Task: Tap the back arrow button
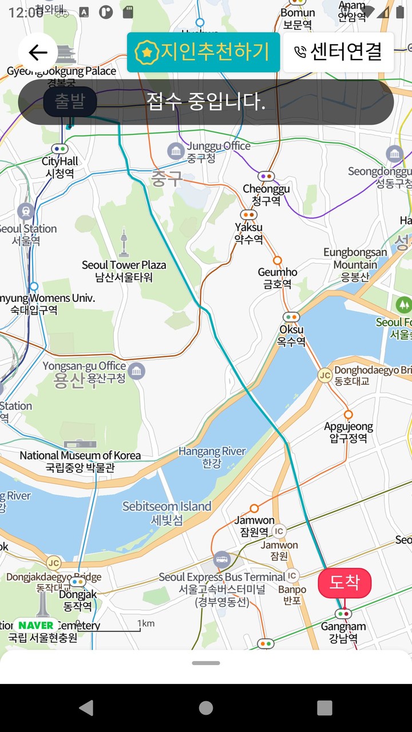click(x=38, y=53)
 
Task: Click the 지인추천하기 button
click(x=203, y=53)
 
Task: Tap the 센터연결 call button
click(x=338, y=53)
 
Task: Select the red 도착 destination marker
click(x=344, y=583)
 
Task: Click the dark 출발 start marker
click(x=70, y=102)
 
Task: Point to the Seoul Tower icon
click(x=124, y=243)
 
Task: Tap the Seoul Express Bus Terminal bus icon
click(x=222, y=559)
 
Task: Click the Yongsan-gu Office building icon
click(x=136, y=371)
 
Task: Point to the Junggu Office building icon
click(x=176, y=152)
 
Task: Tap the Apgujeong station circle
click(x=348, y=415)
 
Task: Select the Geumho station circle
click(x=278, y=260)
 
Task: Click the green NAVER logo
click(x=35, y=625)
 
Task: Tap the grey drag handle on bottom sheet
click(x=206, y=663)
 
